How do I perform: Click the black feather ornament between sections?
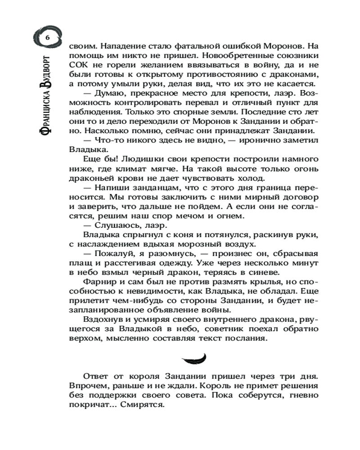click(x=193, y=358)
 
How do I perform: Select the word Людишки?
click(x=135, y=160)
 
